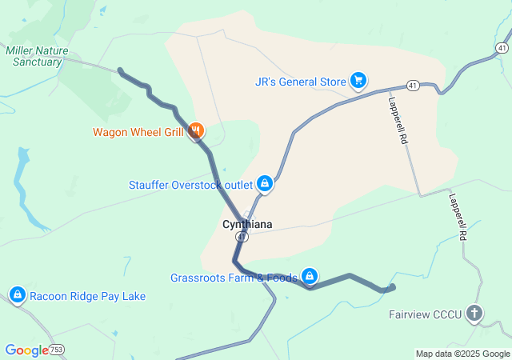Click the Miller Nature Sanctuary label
pos(37,56)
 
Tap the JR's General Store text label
pos(300,81)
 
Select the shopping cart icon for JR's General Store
pos(358,80)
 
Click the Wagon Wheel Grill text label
pos(138,132)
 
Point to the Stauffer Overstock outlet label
pos(190,185)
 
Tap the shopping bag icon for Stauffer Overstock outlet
pos(265,185)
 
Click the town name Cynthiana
pos(246,225)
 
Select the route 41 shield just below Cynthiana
pos(242,238)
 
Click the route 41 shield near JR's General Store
pos(412,85)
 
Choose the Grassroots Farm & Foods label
pos(234,278)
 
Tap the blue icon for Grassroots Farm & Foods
pos(310,278)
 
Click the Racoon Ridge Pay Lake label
pos(88,296)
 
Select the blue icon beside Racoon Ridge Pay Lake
pos(17,295)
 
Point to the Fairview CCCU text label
pos(426,314)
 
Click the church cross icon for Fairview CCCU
pos(475,313)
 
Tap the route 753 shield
pos(56,350)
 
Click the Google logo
pos(26,350)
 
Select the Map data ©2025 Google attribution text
pos(462,354)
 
